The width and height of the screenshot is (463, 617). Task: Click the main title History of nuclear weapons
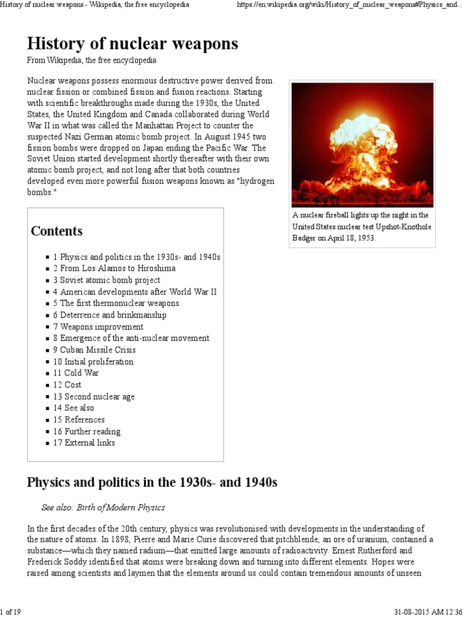coord(132,43)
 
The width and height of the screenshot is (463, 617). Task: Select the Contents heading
coord(57,231)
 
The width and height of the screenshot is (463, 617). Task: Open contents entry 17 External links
coord(84,443)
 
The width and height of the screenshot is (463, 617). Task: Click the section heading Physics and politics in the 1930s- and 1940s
coord(152,483)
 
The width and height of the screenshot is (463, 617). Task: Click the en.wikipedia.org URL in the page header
coord(350,5)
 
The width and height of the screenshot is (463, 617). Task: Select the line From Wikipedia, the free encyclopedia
coord(92,61)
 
